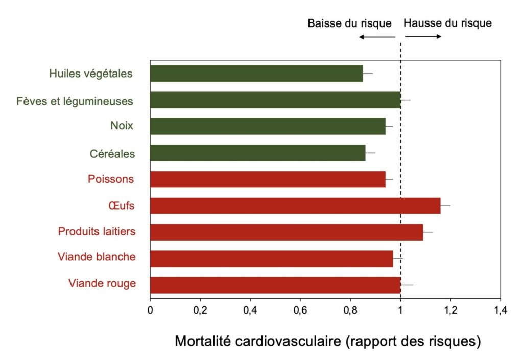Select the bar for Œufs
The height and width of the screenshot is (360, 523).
[295, 206]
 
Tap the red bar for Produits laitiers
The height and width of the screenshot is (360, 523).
[287, 232]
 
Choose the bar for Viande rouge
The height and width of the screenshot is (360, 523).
[275, 285]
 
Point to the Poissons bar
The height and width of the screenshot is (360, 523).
[268, 179]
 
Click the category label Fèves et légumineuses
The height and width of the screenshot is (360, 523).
[75, 101]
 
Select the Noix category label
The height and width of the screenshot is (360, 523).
[122, 126]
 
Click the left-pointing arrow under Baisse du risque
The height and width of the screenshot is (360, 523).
[377, 37]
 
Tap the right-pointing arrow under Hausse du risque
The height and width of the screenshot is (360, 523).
[423, 37]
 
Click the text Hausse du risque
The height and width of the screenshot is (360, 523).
[447, 23]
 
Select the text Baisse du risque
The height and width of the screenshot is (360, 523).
[349, 23]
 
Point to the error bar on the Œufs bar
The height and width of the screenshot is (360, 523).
[445, 206]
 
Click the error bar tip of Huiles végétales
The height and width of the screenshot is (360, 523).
[372, 74]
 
